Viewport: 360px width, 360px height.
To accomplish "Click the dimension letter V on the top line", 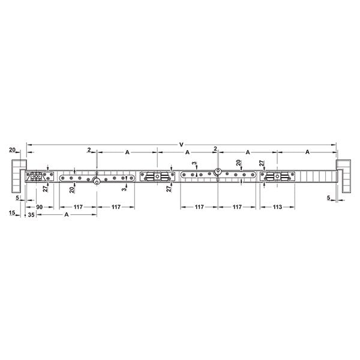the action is click(x=181, y=145).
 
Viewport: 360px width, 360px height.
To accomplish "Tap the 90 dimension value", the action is click(x=39, y=207).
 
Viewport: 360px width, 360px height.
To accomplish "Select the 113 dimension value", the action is click(x=277, y=207).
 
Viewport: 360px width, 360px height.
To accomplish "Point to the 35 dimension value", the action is click(x=31, y=215).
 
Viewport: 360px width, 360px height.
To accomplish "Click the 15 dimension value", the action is click(x=12, y=213).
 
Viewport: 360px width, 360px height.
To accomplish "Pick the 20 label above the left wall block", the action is click(x=12, y=150).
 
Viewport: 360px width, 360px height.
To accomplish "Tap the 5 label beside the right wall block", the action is click(x=329, y=197).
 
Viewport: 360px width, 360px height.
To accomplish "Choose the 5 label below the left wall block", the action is click(x=17, y=197).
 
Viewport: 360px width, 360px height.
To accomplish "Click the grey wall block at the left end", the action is click(x=17, y=176).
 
